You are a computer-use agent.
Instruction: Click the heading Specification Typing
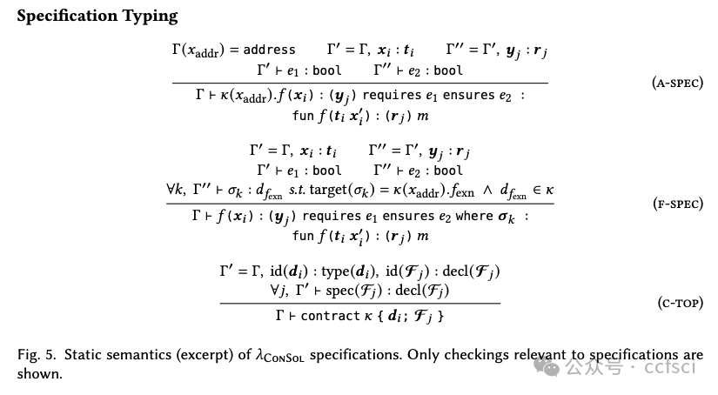(97, 16)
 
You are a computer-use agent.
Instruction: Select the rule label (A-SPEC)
(676, 84)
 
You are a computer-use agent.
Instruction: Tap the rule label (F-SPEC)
(676, 204)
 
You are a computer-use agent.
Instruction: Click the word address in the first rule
(269, 50)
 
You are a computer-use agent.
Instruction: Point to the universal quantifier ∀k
(175, 188)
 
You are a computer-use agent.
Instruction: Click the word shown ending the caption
(35, 373)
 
